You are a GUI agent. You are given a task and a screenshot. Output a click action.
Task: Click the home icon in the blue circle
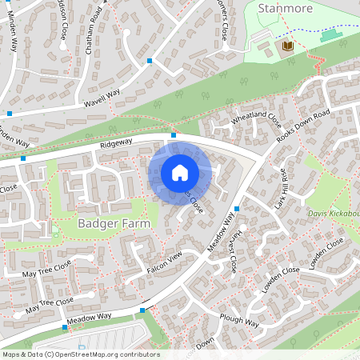(180, 173)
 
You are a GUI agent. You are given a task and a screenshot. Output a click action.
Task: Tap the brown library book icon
(287, 48)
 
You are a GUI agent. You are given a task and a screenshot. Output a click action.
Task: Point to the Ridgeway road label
(116, 145)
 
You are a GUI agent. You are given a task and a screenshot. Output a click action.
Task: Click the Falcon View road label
(165, 264)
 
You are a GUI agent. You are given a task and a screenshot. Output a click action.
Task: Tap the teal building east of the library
(329, 36)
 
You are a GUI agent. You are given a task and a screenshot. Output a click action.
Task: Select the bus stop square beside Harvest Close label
(238, 208)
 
